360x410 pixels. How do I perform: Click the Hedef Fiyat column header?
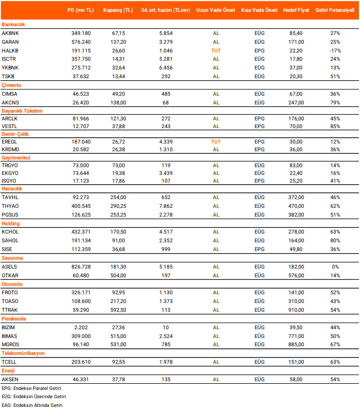296,10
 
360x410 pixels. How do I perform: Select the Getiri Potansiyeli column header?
335,10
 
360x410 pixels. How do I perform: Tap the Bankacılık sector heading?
13,24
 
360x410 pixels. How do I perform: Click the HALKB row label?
10,50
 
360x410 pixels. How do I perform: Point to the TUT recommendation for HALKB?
216,50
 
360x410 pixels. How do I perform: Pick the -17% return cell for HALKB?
335,50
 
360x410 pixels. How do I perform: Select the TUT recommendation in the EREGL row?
216,141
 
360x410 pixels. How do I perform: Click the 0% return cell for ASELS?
335,266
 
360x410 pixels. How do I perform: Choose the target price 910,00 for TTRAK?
296,310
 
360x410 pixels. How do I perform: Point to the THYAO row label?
11,206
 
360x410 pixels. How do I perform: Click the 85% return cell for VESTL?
335,126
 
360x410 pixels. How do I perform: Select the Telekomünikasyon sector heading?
23,353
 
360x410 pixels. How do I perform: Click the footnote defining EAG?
32,405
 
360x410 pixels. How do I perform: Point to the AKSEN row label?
11,379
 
